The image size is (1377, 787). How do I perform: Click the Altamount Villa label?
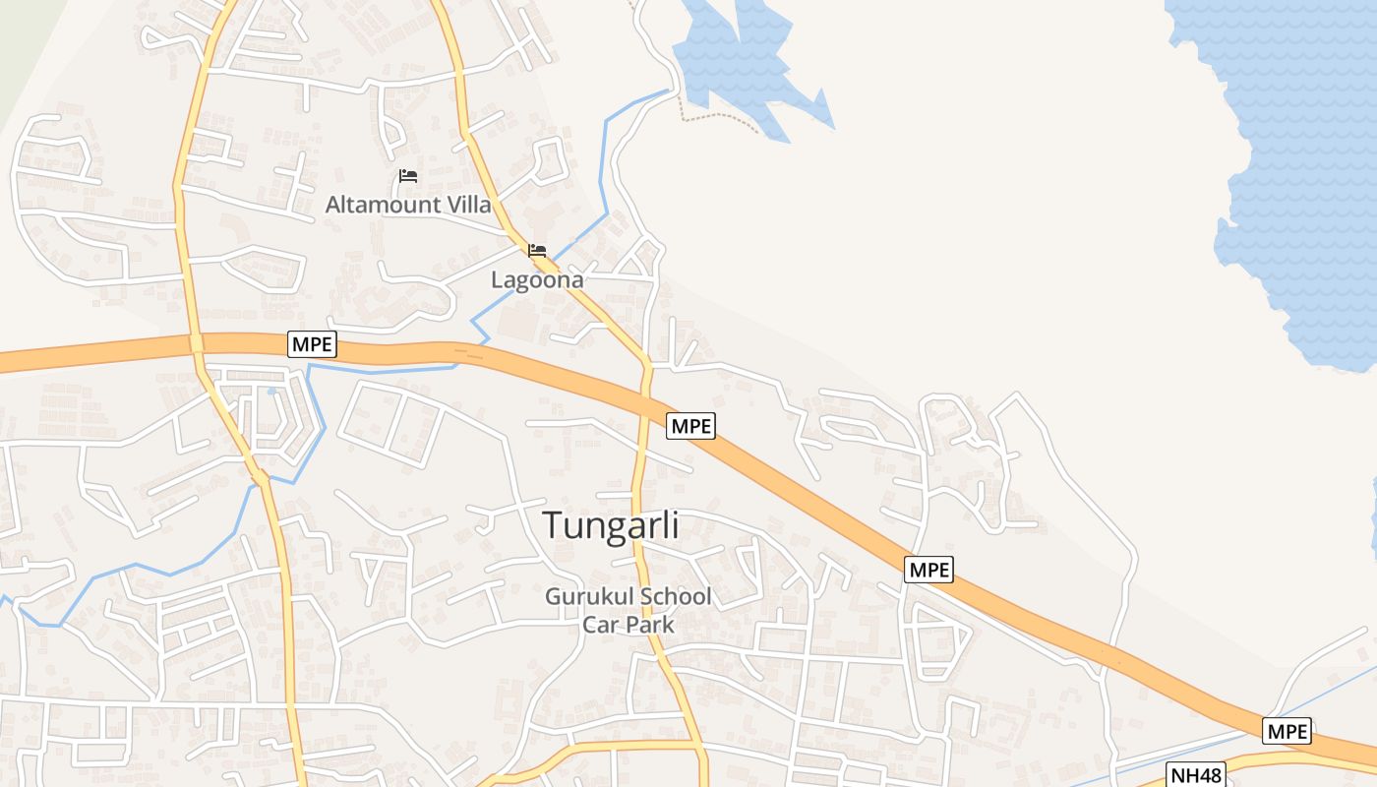(x=408, y=206)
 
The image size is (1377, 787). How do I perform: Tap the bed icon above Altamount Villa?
(x=408, y=176)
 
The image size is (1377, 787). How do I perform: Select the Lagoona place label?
(x=537, y=279)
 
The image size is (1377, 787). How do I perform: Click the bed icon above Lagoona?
(x=537, y=251)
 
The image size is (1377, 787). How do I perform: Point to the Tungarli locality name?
(x=610, y=525)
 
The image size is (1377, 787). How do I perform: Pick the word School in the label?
(x=676, y=597)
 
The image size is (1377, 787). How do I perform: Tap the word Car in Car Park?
(x=600, y=624)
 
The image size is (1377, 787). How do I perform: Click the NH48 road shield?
(x=1196, y=774)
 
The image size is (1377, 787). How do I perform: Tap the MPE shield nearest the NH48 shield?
(x=1287, y=731)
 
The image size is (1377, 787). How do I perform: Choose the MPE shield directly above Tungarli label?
(x=690, y=426)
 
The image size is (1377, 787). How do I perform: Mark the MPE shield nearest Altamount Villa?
(x=313, y=344)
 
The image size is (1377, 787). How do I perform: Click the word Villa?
(x=468, y=206)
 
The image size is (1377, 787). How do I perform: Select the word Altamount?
(x=384, y=206)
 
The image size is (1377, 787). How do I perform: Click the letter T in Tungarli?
(x=553, y=525)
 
